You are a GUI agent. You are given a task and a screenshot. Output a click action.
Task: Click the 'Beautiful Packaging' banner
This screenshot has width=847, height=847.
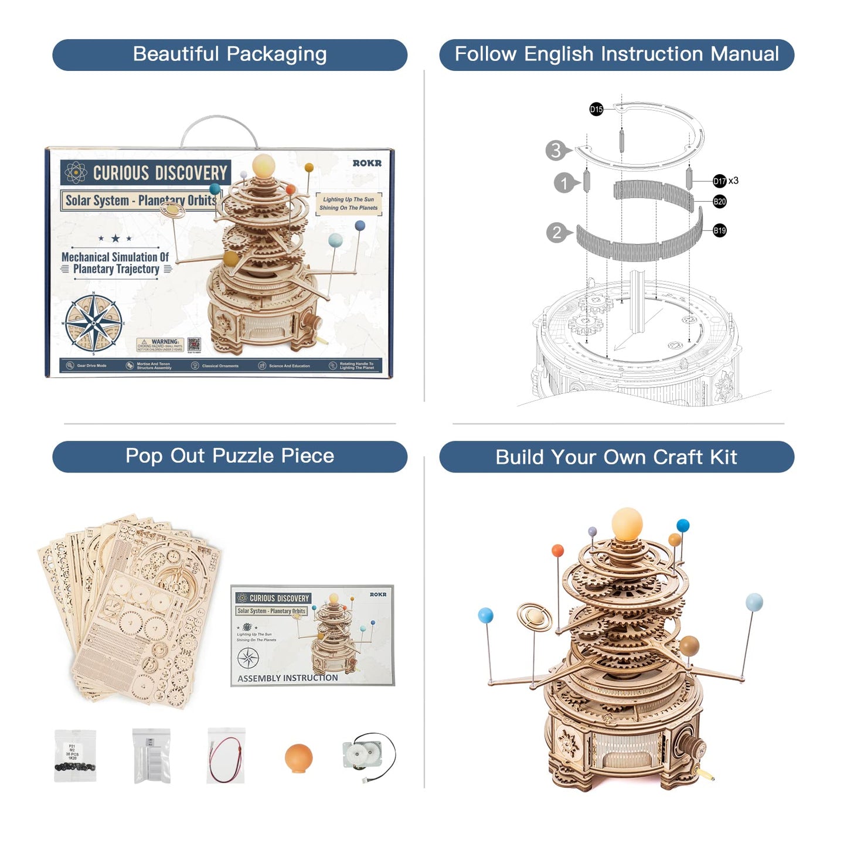pyautogui.click(x=229, y=55)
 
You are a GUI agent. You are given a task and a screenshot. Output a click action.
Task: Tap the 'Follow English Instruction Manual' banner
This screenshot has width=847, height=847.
pyautogui.click(x=616, y=55)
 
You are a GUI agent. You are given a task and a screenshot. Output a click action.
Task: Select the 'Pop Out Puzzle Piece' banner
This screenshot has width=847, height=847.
pyautogui.click(x=229, y=456)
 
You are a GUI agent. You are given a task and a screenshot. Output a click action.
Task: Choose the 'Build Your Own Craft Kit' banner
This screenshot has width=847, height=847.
pyautogui.click(x=616, y=457)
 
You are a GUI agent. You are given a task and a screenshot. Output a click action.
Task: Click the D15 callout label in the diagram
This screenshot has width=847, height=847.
pyautogui.click(x=596, y=109)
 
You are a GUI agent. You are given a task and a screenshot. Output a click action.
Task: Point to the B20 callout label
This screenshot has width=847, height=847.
pyautogui.click(x=719, y=202)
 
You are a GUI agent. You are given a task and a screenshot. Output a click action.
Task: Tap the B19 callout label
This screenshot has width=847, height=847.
pyautogui.click(x=719, y=230)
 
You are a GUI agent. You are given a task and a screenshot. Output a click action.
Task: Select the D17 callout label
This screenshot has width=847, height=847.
pyautogui.click(x=719, y=181)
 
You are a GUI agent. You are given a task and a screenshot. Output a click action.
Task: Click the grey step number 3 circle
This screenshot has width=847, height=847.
pyautogui.click(x=556, y=151)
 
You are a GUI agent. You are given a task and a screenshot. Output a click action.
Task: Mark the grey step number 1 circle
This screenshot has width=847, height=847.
pyautogui.click(x=564, y=183)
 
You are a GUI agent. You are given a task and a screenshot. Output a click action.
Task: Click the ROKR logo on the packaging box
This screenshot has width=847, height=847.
pyautogui.click(x=367, y=164)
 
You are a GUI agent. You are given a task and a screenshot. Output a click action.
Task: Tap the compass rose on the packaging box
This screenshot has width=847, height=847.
pyautogui.click(x=94, y=323)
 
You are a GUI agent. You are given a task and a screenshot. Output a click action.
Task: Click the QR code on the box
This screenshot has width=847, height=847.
pyautogui.click(x=194, y=344)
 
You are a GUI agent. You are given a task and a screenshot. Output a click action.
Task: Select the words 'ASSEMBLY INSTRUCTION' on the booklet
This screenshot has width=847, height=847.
pyautogui.click(x=287, y=678)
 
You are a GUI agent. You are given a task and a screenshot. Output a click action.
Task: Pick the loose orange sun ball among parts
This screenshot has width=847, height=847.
pyautogui.click(x=298, y=758)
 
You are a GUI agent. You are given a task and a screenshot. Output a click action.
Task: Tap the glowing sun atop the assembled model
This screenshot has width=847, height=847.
pyautogui.click(x=627, y=523)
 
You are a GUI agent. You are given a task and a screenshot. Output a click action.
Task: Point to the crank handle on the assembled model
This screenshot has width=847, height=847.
pyautogui.click(x=695, y=750)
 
